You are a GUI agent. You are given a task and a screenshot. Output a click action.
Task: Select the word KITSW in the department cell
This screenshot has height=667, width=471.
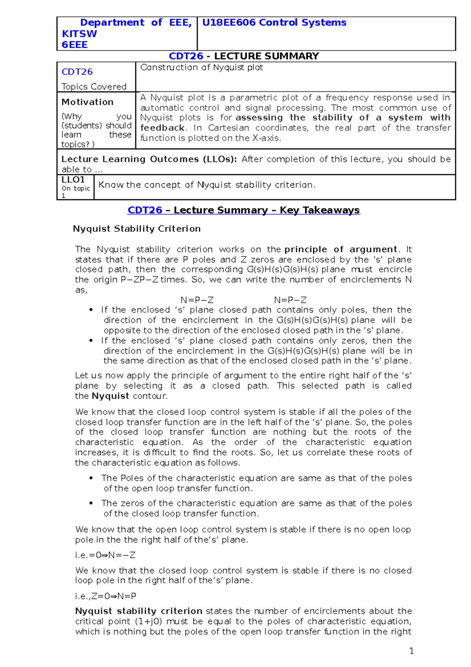pos(79,34)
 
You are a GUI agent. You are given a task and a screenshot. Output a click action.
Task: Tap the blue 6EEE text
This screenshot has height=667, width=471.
pos(75,45)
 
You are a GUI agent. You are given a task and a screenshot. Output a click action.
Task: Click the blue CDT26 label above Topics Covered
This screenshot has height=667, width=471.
pos(77,72)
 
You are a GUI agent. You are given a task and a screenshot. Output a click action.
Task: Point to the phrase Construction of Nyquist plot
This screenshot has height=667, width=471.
pos(201,68)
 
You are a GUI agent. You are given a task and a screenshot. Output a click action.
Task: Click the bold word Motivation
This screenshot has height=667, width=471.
pos(88,102)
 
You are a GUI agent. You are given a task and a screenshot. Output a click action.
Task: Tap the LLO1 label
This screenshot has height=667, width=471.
pos(73,180)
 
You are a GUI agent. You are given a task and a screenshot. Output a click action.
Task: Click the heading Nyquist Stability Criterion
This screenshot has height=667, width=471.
pos(137,229)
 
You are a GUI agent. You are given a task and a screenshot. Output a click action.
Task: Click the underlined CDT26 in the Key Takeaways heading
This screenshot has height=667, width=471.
pos(145,210)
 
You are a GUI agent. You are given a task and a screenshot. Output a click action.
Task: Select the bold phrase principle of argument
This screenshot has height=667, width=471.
pos(341,249)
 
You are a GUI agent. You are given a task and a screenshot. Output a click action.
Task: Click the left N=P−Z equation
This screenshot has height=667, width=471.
pos(197,300)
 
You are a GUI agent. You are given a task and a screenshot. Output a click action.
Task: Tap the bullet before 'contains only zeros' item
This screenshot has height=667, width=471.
pos(91,341)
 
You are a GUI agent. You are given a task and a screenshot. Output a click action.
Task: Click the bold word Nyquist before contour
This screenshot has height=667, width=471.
pos(110,396)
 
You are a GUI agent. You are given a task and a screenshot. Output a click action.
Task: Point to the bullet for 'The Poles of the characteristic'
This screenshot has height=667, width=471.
pos(91,478)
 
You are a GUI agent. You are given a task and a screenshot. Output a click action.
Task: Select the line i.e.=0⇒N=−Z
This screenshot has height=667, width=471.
pos(105,555)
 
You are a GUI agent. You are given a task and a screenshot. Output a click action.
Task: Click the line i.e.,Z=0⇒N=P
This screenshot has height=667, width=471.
pos(106,596)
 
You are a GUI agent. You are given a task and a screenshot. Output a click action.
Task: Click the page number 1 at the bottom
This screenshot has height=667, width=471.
pos(411,651)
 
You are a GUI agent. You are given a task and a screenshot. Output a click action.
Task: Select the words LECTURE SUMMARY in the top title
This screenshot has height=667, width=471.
pos(267,56)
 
